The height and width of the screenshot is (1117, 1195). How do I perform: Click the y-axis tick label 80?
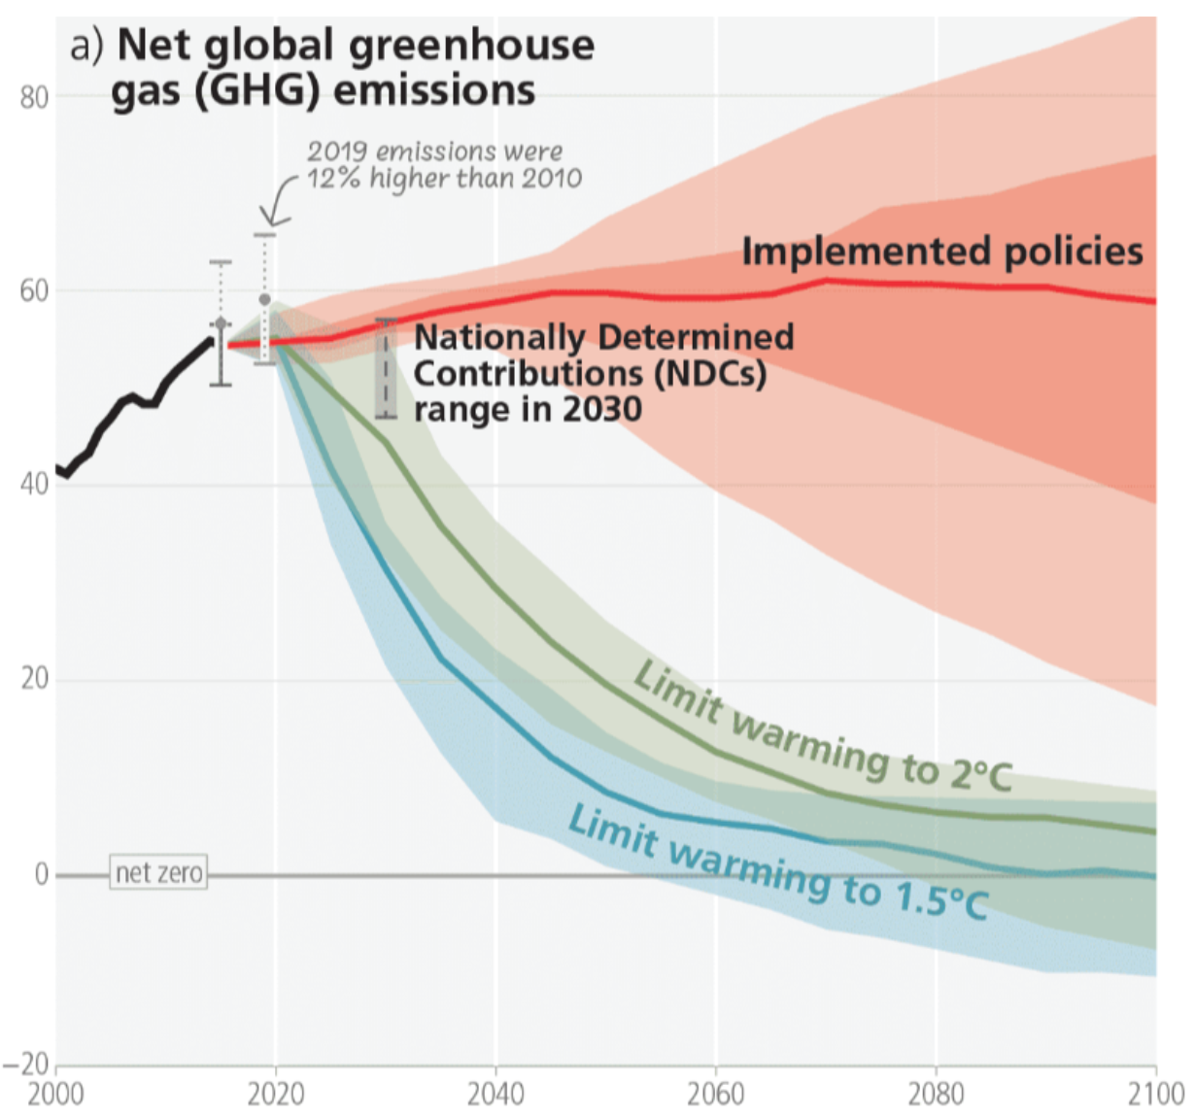pyautogui.click(x=34, y=97)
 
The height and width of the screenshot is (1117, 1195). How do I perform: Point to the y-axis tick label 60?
pyautogui.click(x=34, y=290)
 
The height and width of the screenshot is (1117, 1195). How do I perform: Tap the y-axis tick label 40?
pyautogui.click(x=34, y=484)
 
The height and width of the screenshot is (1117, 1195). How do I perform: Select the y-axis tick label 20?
pyautogui.click(x=34, y=678)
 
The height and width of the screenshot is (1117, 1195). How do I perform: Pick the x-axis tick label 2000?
pyautogui.click(x=55, y=1095)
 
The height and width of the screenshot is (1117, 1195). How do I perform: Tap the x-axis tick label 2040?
pyautogui.click(x=495, y=1095)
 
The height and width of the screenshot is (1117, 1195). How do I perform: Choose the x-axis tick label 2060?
pyautogui.click(x=716, y=1095)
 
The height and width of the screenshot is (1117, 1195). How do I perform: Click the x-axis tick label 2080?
pyautogui.click(x=936, y=1095)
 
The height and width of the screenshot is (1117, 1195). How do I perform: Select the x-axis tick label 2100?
pyautogui.click(x=1155, y=1095)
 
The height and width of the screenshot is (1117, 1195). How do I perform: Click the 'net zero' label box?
pyautogui.click(x=158, y=873)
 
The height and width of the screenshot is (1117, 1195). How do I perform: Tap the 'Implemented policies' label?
pyautogui.click(x=942, y=252)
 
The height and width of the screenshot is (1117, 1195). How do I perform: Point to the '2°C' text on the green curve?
pyautogui.click(x=980, y=774)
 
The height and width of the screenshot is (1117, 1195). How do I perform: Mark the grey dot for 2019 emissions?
pyautogui.click(x=264, y=300)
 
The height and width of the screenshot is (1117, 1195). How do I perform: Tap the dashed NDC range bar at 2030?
pyautogui.click(x=386, y=368)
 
